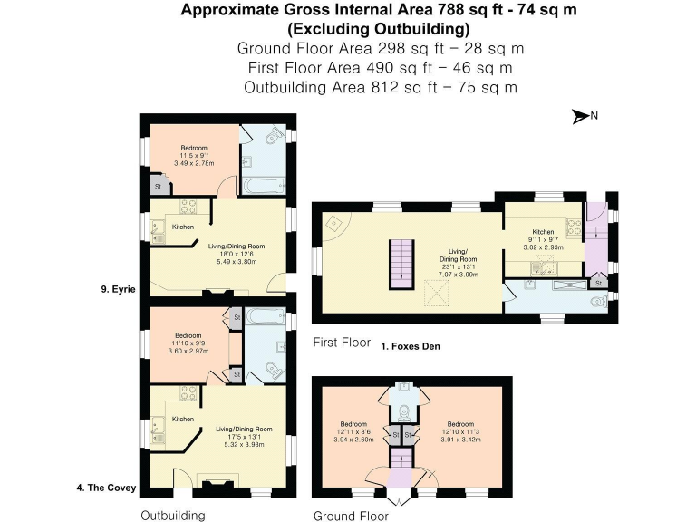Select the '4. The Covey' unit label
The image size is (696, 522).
pos(106,488)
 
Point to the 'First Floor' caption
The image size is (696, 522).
pos(339,343)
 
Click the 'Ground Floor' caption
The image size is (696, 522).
pos(351,516)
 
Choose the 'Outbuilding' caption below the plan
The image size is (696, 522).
pos(172,515)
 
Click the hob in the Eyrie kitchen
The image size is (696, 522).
pos(188,207)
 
